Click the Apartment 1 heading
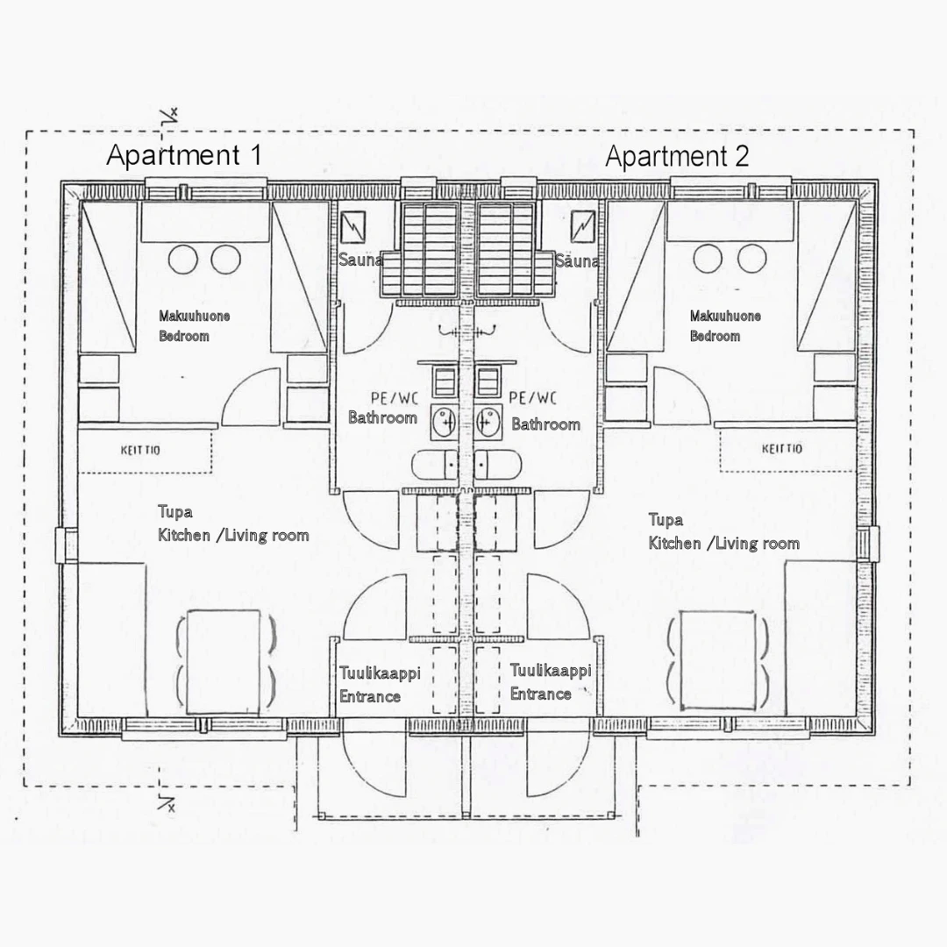click(x=183, y=155)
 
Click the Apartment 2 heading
click(x=677, y=156)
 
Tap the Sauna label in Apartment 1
click(x=360, y=260)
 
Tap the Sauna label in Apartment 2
click(x=577, y=261)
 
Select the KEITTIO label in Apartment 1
click(x=140, y=450)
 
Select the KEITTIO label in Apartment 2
click(x=782, y=449)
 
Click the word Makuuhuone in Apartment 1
click(x=194, y=316)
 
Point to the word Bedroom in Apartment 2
click(x=716, y=336)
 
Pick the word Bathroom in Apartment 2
click(x=546, y=424)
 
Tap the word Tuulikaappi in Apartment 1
click(x=380, y=673)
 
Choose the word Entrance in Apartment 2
click(x=540, y=694)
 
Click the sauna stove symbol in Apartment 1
click(x=352, y=226)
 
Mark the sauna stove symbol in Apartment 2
click(x=583, y=226)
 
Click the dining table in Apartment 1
click(x=224, y=662)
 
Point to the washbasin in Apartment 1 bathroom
click(x=444, y=422)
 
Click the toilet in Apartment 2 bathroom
click(x=498, y=465)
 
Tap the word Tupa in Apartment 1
click(x=175, y=513)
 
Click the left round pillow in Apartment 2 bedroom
click(x=708, y=259)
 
